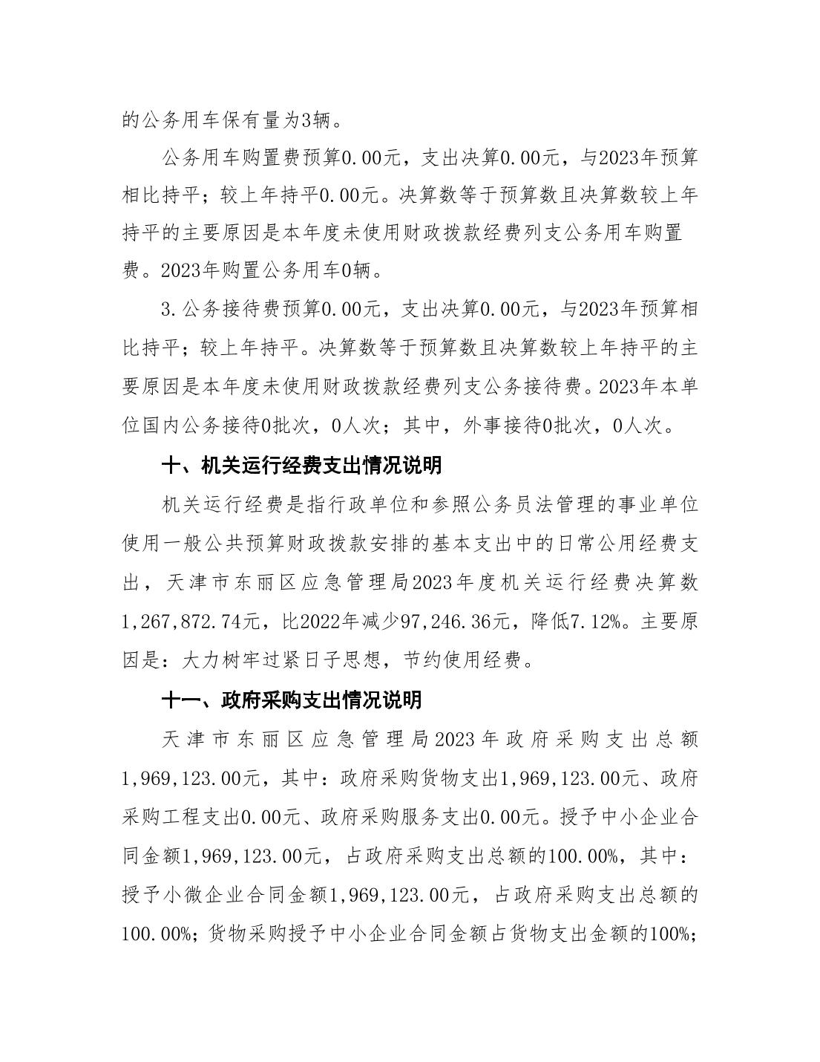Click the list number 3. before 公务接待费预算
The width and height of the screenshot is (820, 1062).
(168, 309)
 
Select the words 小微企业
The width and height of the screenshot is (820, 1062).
(204, 895)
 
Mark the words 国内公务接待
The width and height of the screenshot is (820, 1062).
(197, 426)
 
